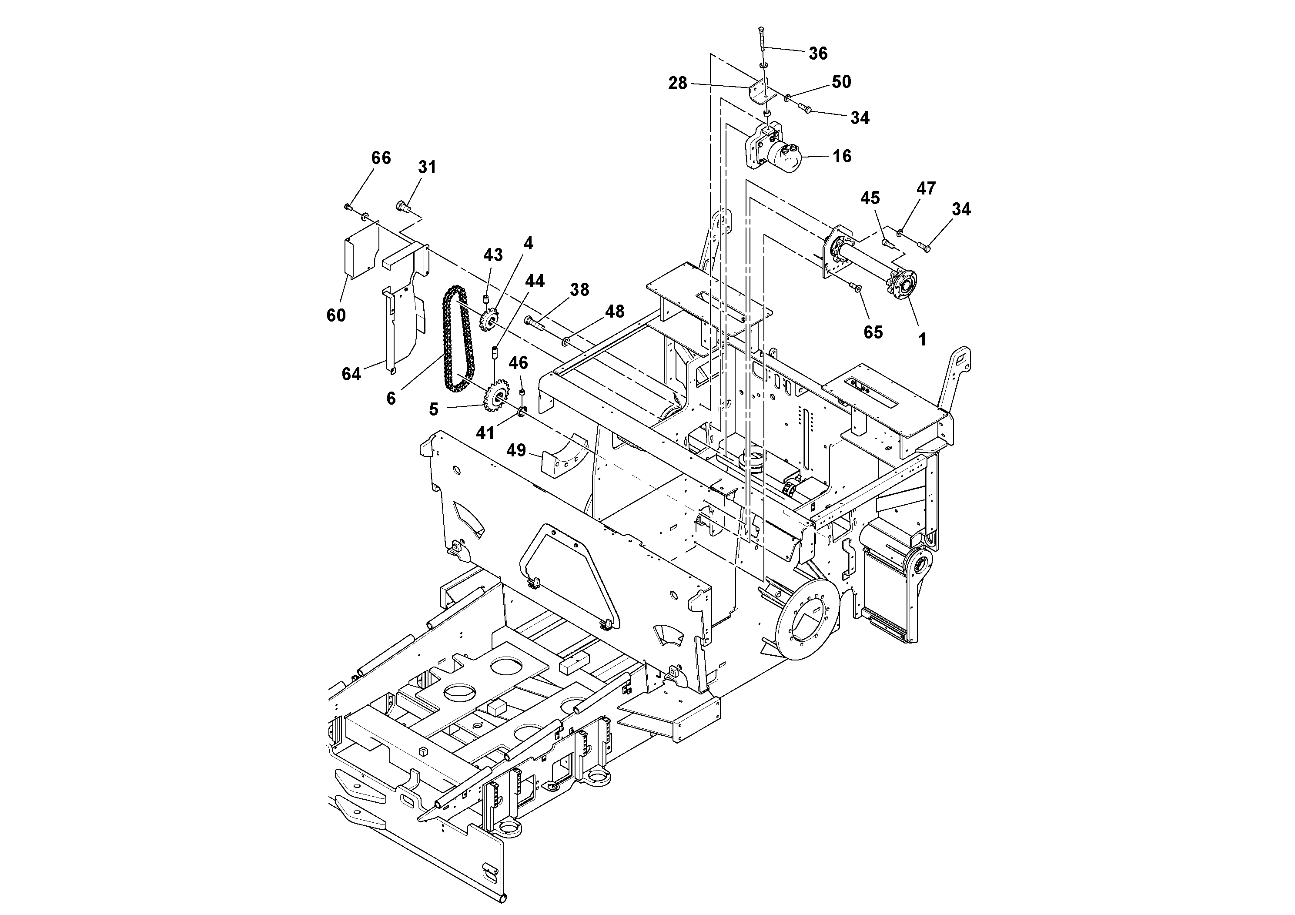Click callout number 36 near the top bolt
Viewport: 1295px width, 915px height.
817,54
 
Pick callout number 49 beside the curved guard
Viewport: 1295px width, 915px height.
516,450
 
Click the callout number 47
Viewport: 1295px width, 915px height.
926,188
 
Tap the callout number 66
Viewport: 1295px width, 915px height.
381,158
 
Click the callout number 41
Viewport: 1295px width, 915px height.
485,432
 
